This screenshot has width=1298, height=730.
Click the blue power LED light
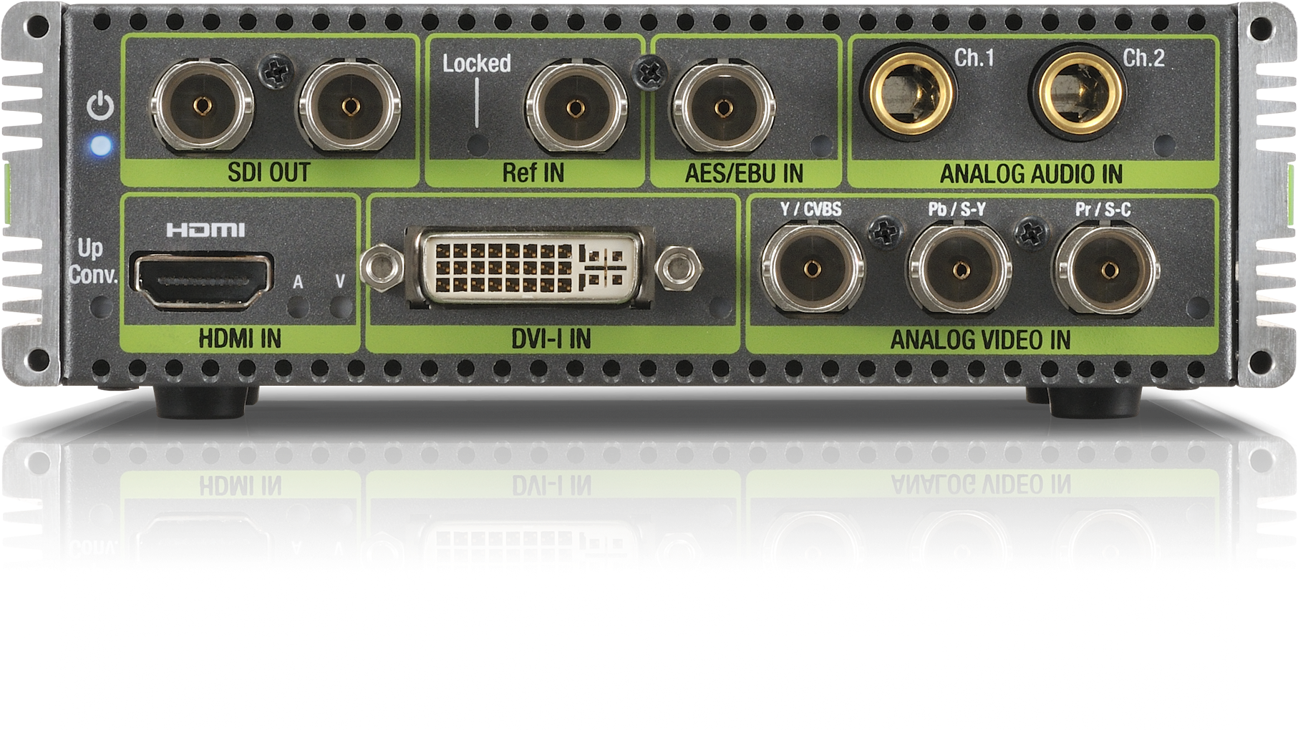tap(101, 147)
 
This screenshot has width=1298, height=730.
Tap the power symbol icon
tap(100, 107)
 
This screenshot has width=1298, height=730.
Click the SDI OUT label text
tap(268, 173)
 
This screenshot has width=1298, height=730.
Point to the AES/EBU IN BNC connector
tap(722, 108)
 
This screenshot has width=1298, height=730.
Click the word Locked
tap(476, 64)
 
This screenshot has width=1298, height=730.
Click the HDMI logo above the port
tap(205, 230)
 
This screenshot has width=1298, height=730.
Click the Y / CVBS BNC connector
tap(812, 268)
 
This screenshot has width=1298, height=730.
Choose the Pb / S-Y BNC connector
tap(960, 270)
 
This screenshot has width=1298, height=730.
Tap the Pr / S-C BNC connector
tap(1108, 270)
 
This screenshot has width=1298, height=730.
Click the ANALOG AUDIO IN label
tap(1031, 174)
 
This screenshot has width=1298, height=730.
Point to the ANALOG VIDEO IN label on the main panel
tap(980, 340)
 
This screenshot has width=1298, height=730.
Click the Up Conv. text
tap(91, 262)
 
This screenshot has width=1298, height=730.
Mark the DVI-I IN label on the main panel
tap(551, 339)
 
